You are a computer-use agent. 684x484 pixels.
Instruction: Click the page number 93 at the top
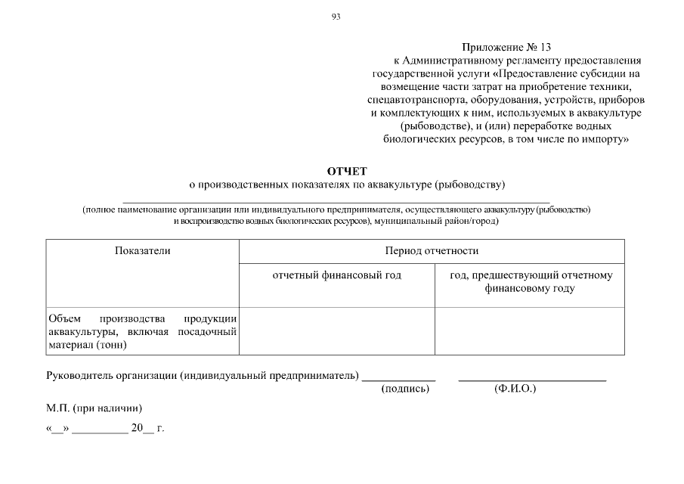336,17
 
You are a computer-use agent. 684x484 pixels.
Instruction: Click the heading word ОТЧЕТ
346,171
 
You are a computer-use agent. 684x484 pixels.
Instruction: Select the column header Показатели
142,250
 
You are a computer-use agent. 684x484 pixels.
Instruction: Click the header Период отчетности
432,250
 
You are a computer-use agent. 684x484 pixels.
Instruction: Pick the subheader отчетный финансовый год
336,275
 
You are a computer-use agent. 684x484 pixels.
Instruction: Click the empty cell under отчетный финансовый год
336,330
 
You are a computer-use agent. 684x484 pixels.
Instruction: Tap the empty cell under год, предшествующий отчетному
529,330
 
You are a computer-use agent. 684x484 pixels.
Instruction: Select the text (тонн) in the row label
111,345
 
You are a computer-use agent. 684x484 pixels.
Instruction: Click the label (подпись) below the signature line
406,389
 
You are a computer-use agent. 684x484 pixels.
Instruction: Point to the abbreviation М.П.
59,408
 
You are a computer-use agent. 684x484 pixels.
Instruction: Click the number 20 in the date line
137,428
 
